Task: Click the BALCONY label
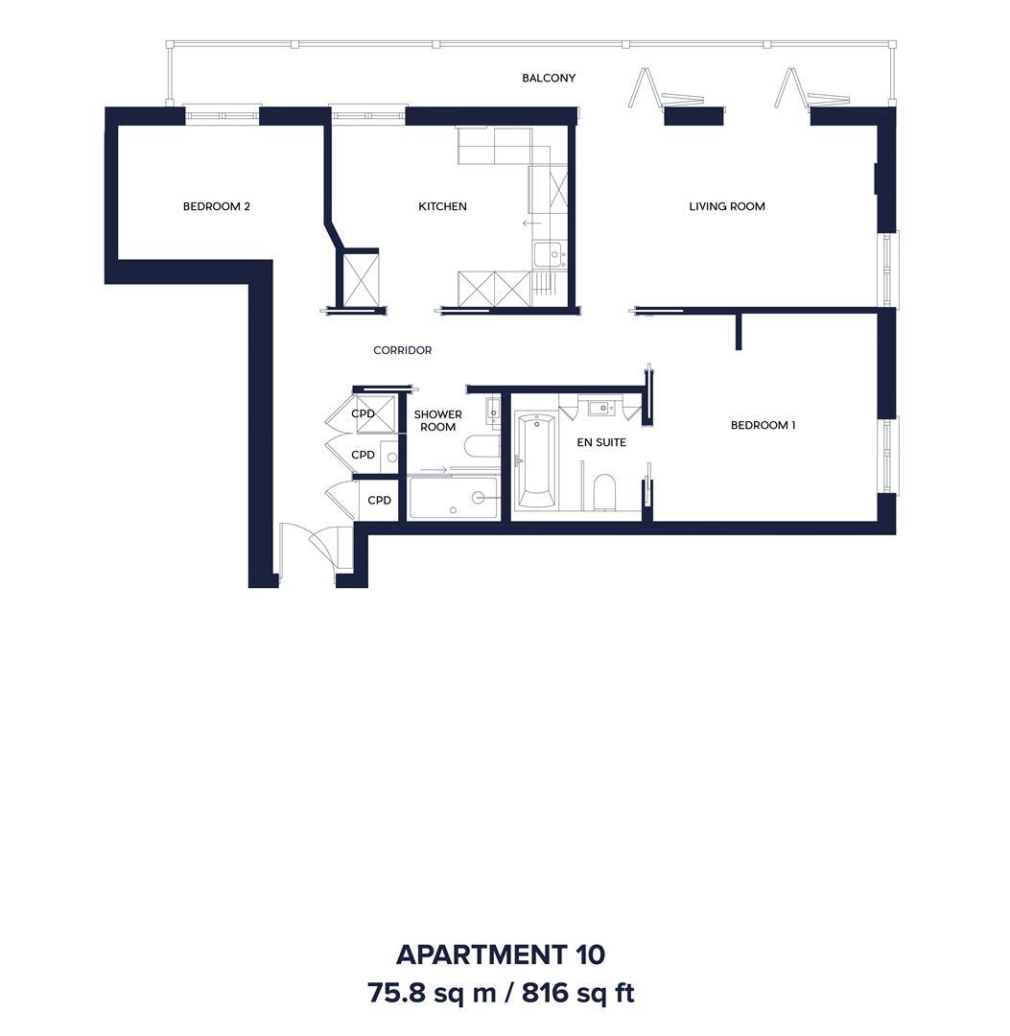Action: click(x=549, y=78)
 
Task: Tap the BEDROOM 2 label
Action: click(x=217, y=206)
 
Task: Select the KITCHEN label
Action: click(x=442, y=206)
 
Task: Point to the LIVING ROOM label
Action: click(x=727, y=206)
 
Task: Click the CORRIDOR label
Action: click(x=402, y=350)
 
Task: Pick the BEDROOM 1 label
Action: click(x=763, y=425)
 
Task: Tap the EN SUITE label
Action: click(x=601, y=442)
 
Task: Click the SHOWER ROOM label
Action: click(x=438, y=421)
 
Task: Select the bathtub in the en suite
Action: click(x=535, y=460)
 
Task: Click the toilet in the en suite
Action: click(x=603, y=491)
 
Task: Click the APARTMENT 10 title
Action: click(x=500, y=954)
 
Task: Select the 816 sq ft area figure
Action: click(x=578, y=993)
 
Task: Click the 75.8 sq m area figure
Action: click(x=432, y=993)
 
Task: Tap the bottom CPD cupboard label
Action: click(x=379, y=500)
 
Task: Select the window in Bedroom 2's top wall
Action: click(x=222, y=116)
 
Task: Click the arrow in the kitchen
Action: click(x=531, y=224)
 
